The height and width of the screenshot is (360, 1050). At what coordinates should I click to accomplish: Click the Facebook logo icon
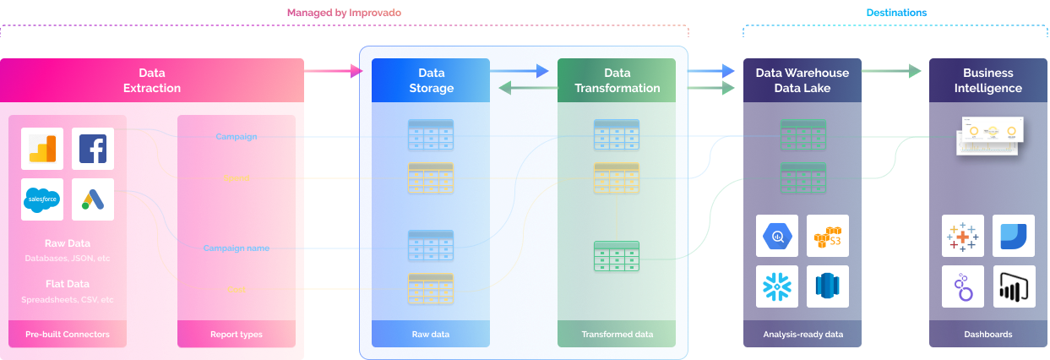click(x=93, y=149)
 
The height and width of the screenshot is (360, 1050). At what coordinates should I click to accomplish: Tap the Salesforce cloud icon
click(x=42, y=199)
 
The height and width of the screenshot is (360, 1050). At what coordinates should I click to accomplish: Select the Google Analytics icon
click(x=42, y=149)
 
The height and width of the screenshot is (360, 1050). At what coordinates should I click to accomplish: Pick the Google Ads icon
click(x=93, y=199)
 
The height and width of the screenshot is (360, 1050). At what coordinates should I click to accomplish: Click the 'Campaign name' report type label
click(x=236, y=248)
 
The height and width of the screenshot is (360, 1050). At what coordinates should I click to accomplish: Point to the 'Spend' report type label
click(x=236, y=178)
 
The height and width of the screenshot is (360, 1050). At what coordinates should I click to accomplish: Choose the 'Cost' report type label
click(x=236, y=290)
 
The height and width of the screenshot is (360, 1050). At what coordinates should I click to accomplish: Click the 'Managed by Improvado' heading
click(x=344, y=13)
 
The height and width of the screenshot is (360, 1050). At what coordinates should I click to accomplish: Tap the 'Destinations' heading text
click(x=896, y=13)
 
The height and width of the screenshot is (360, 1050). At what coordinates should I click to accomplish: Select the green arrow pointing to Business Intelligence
click(x=891, y=71)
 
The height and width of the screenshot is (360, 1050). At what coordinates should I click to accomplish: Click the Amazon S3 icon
click(x=828, y=237)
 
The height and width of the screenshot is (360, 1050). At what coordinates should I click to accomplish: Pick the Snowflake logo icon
click(x=777, y=286)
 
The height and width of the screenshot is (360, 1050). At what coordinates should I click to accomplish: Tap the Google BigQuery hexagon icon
click(x=777, y=237)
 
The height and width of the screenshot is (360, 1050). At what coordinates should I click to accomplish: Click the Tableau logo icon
click(x=963, y=237)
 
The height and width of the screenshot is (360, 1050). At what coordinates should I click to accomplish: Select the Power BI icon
click(x=1014, y=286)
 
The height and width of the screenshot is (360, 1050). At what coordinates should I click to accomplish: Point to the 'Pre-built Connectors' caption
click(x=68, y=335)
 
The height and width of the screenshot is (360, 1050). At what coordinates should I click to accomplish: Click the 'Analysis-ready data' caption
click(x=802, y=335)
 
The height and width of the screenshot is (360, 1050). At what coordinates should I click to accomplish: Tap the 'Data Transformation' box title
click(x=617, y=80)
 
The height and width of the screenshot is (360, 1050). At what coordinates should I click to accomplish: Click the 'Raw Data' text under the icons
click(x=68, y=243)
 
